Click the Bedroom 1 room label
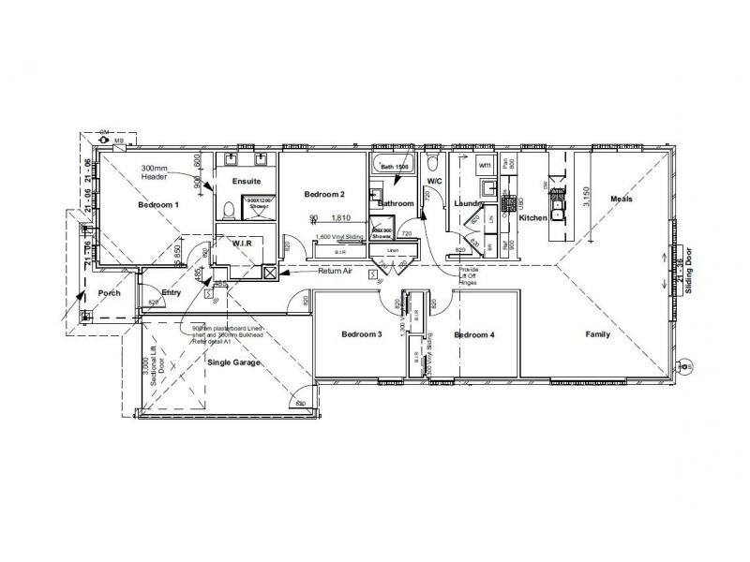point(157,204)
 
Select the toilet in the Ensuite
point(229,207)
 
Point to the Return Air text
point(335,272)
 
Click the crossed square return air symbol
point(271,274)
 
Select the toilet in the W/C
point(433,160)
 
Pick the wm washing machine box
point(485,165)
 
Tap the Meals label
point(622,200)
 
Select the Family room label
point(598,334)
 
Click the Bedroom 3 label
point(361,334)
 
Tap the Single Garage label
point(233,362)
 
